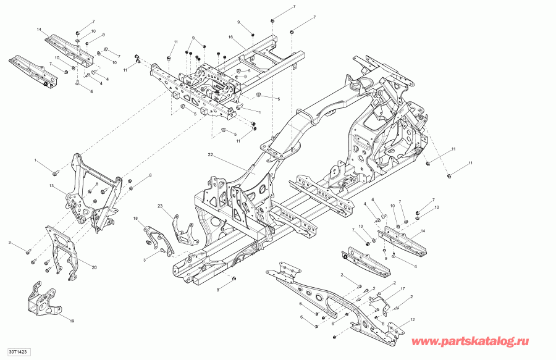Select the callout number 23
coord(159,206)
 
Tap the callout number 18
coord(135,219)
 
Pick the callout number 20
coord(94,267)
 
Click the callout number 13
coord(53,185)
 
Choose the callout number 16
coord(230,37)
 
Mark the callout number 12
coord(413,319)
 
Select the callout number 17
coord(402,288)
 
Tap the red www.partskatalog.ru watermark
coord(480,341)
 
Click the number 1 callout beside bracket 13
coord(36,161)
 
